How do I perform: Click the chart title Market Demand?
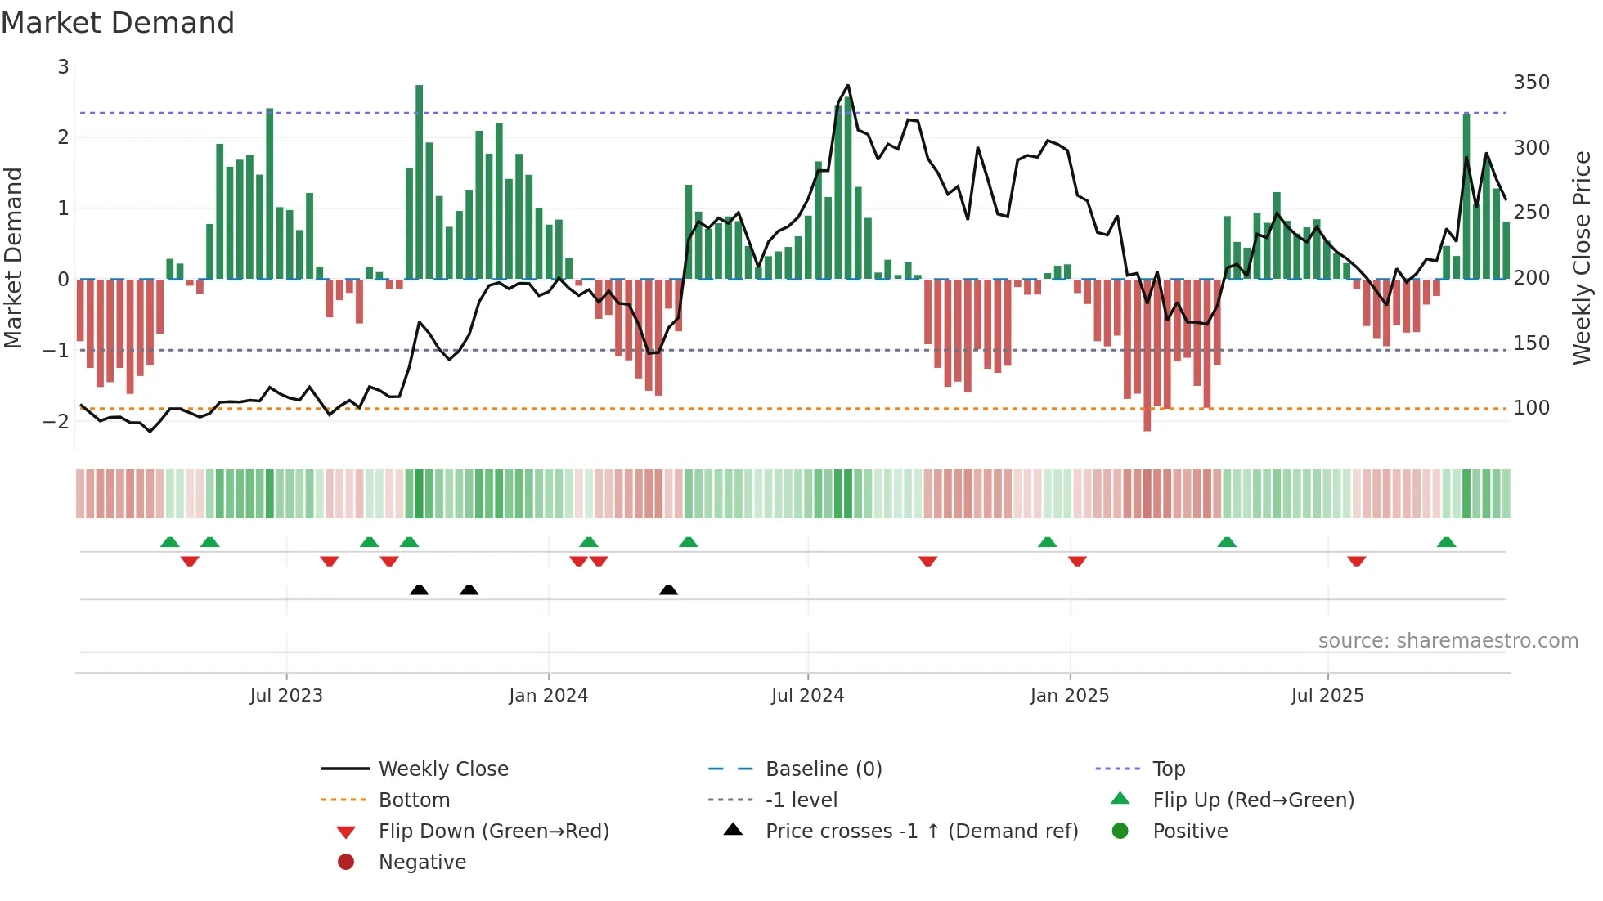[x=118, y=23]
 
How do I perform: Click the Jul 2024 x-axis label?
[x=807, y=696]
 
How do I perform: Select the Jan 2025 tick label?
[x=1069, y=696]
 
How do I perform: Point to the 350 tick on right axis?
[x=1531, y=83]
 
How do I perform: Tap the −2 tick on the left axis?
[x=56, y=422]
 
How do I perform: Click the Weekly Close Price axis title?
[x=1582, y=258]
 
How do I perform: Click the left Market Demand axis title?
[x=14, y=258]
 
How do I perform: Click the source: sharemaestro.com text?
[x=1448, y=641]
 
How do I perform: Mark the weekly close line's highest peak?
[x=847, y=86]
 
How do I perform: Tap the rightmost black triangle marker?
[x=668, y=590]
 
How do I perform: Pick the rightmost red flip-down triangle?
[x=1356, y=561]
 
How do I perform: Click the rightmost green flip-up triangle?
[x=1446, y=542]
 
